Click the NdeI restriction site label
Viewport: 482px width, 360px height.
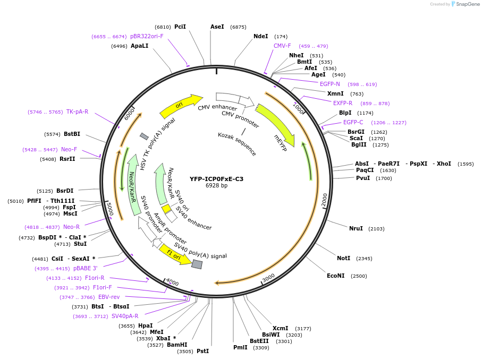(x=261, y=36)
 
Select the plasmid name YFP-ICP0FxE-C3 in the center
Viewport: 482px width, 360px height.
(x=216, y=179)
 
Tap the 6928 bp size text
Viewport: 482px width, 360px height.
(x=216, y=186)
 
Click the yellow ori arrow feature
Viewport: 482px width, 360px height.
(x=181, y=106)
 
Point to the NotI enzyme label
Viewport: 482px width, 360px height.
(x=343, y=258)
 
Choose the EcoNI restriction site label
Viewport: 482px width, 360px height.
(x=336, y=276)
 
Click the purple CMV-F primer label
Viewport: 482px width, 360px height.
(x=282, y=46)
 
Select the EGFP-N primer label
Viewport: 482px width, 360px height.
(x=329, y=84)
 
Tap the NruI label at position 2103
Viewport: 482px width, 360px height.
(x=356, y=228)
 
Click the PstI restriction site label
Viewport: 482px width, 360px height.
(x=202, y=351)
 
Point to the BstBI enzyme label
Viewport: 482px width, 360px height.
(x=72, y=134)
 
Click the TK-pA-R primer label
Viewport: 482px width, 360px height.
(x=77, y=112)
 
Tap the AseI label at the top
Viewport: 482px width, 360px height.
(x=217, y=27)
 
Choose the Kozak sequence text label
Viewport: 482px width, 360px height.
(x=237, y=144)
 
